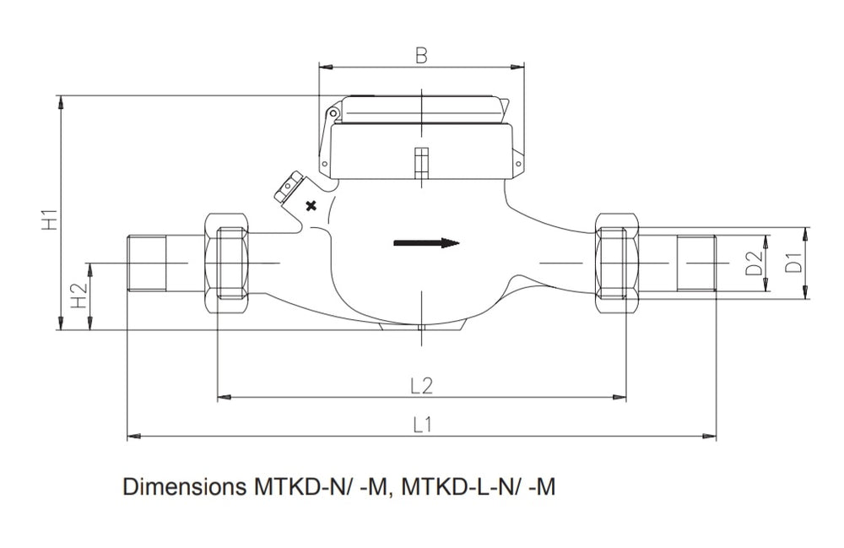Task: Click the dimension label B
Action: tap(421, 56)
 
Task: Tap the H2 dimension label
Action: tap(78, 295)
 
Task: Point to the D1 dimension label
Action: tap(793, 263)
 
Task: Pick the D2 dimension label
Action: tap(754, 263)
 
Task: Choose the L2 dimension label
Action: tap(421, 386)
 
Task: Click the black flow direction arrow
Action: tap(426, 244)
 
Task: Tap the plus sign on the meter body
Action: tap(311, 205)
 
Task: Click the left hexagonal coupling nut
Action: tap(227, 263)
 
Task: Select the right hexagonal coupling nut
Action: tap(616, 263)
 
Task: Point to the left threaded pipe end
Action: tap(145, 263)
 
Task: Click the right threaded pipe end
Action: tap(695, 263)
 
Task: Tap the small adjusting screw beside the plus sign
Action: tap(288, 188)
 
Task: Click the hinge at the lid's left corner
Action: tap(334, 113)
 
